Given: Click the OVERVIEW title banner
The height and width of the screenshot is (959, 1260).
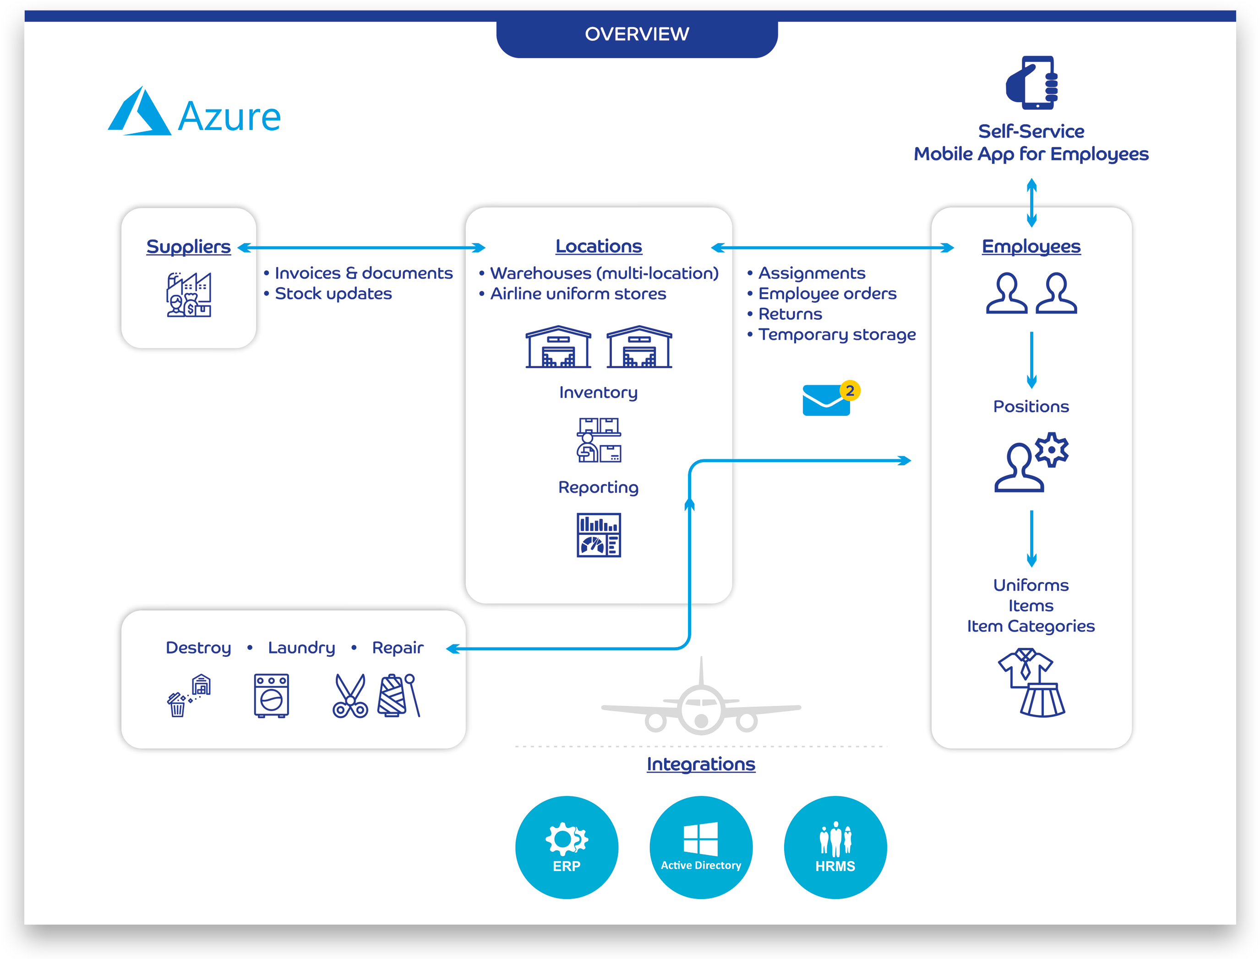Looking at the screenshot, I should click(x=637, y=35).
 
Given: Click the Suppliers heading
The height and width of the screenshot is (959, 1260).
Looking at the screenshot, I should click(x=188, y=246).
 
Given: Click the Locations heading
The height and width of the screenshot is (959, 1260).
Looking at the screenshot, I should click(x=598, y=246).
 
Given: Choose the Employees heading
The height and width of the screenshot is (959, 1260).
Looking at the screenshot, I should click(x=1031, y=246).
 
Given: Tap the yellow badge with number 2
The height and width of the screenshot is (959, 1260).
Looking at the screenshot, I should click(x=850, y=391).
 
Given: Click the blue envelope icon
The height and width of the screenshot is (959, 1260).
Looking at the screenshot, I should click(x=825, y=401).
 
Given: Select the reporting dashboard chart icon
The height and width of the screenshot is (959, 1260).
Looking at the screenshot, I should click(x=598, y=535).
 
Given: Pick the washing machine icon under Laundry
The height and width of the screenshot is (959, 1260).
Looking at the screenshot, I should click(x=271, y=695).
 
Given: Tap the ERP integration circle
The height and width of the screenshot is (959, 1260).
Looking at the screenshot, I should click(x=567, y=847).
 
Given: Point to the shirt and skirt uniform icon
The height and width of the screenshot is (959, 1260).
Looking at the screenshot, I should click(x=1031, y=683).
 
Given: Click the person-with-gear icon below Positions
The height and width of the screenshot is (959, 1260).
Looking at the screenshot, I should click(x=1031, y=463).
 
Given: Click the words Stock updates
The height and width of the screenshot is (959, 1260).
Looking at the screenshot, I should click(x=333, y=294).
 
